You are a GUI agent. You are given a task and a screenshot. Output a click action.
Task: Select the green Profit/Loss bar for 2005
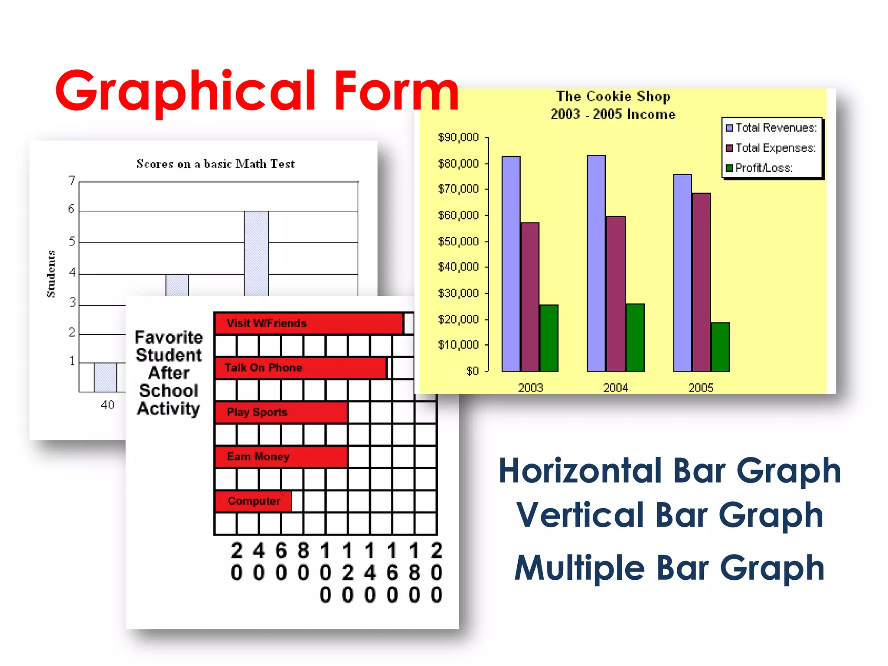720,347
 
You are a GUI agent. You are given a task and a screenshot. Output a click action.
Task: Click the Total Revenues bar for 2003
511,264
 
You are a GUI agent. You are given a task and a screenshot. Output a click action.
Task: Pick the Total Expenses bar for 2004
615,294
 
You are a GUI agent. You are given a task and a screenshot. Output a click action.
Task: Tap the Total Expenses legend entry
771,148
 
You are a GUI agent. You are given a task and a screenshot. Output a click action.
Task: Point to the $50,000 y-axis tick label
458,242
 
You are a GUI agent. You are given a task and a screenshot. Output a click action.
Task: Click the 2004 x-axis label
615,388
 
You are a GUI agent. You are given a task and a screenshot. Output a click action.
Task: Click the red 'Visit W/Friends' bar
309,323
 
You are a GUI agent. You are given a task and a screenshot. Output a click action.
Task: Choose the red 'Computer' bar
253,501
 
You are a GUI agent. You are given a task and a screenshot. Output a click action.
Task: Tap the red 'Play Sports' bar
281,412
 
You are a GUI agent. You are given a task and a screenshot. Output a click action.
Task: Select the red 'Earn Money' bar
281,457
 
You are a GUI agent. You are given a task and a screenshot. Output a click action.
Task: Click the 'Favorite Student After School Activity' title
169,373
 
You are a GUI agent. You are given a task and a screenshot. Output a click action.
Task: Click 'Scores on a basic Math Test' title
215,164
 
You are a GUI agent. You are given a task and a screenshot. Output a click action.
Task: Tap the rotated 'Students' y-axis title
51,274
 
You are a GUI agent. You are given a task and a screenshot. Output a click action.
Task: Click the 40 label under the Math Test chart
107,405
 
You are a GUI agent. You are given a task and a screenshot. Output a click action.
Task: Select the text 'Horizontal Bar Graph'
669,471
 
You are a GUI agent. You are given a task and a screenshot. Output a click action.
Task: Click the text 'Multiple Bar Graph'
669,568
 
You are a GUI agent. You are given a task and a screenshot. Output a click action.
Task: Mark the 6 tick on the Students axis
71,209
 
